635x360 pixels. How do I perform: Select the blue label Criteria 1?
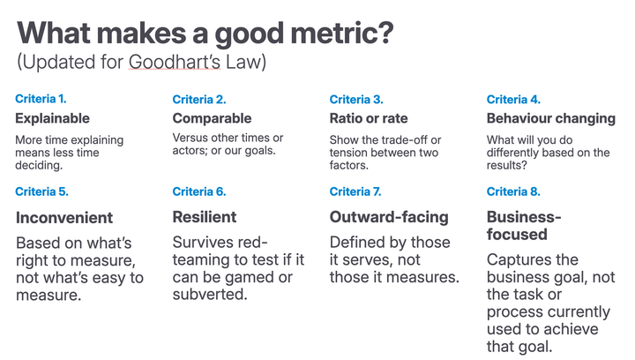click(41, 100)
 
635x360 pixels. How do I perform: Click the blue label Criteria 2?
click(199, 100)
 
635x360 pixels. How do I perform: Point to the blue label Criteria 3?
click(356, 100)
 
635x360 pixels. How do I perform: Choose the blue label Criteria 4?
click(513, 100)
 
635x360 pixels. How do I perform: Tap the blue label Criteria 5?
click(41, 191)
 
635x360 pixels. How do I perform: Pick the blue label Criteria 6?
click(199, 191)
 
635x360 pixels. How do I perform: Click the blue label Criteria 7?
click(356, 191)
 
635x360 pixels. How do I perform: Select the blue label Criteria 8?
click(513, 191)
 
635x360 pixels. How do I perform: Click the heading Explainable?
click(53, 118)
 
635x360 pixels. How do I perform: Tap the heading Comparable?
click(212, 118)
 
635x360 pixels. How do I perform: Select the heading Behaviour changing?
click(550, 118)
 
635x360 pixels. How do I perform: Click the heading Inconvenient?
click(64, 217)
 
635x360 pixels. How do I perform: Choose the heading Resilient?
click(205, 217)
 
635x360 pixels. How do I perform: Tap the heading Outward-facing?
click(389, 217)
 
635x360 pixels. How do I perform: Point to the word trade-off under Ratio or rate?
click(411, 140)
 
